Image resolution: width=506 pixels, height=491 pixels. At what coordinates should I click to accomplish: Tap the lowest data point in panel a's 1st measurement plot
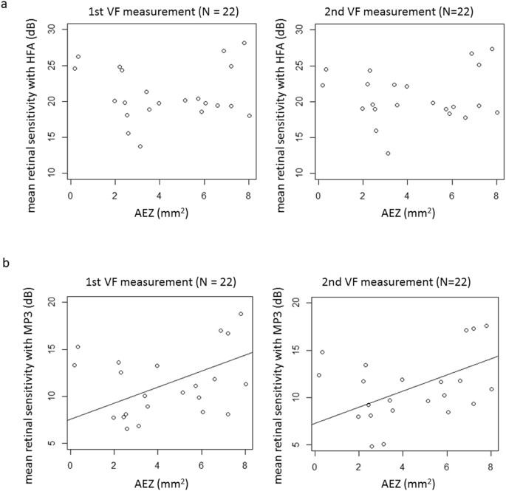click(x=140, y=146)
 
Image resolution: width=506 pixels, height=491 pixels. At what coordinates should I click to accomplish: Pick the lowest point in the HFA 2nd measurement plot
click(x=388, y=154)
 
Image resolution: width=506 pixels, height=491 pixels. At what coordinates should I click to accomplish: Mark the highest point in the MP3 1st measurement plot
click(x=241, y=314)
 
